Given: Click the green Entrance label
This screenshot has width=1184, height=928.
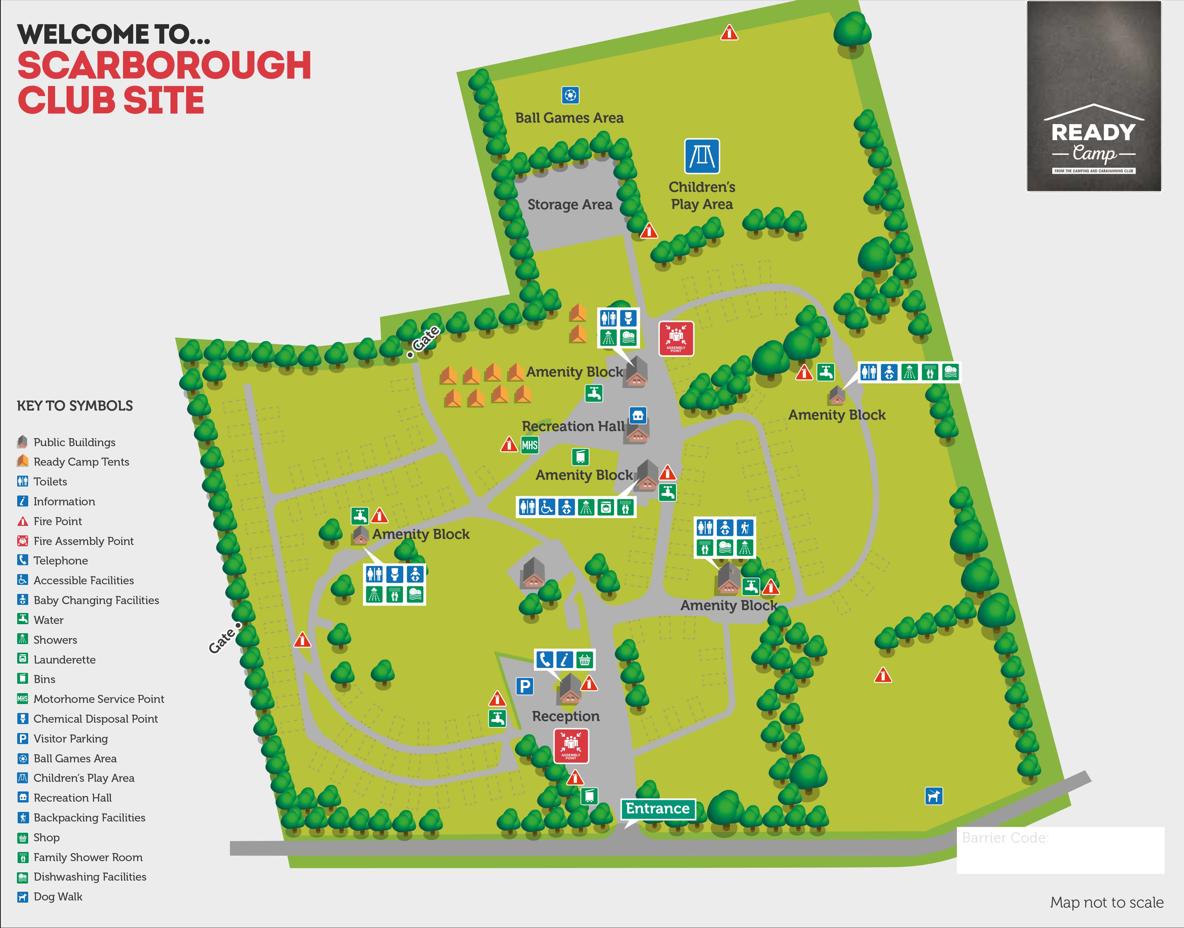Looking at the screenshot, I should (x=657, y=808).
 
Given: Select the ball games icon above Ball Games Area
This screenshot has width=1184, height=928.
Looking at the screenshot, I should (x=570, y=95).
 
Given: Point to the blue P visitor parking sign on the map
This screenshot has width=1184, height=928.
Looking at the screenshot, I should (x=524, y=686).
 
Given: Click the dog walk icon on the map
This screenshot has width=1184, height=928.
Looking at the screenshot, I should (x=934, y=796).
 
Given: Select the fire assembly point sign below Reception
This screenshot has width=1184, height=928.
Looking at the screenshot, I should (x=571, y=746).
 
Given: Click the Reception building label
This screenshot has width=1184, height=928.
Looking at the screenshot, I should (x=566, y=716).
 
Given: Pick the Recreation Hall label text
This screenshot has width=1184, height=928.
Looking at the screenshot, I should (x=573, y=426).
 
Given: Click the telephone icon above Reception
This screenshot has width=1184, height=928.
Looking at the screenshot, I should (x=544, y=660).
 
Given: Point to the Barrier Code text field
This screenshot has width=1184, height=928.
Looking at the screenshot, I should (x=1060, y=850).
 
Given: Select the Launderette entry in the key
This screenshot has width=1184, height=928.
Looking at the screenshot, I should (x=64, y=660).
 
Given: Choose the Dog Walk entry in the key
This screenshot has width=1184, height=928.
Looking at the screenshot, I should (x=57, y=896).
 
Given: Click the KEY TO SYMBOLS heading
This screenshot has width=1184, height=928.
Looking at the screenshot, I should (x=75, y=406).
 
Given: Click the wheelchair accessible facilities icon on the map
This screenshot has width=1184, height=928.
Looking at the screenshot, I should (x=546, y=507).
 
